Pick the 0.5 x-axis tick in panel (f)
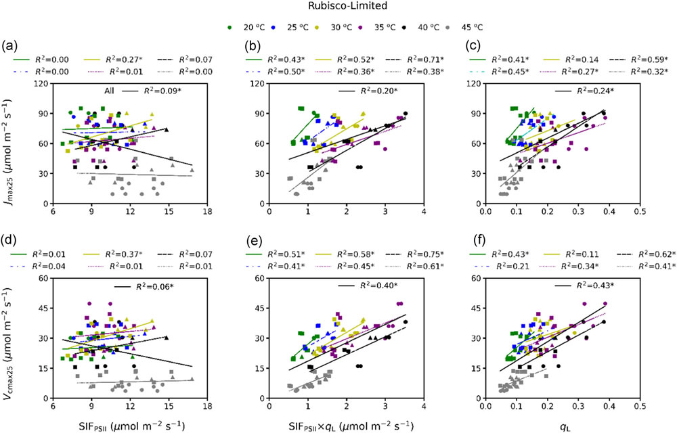[x=639, y=408]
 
